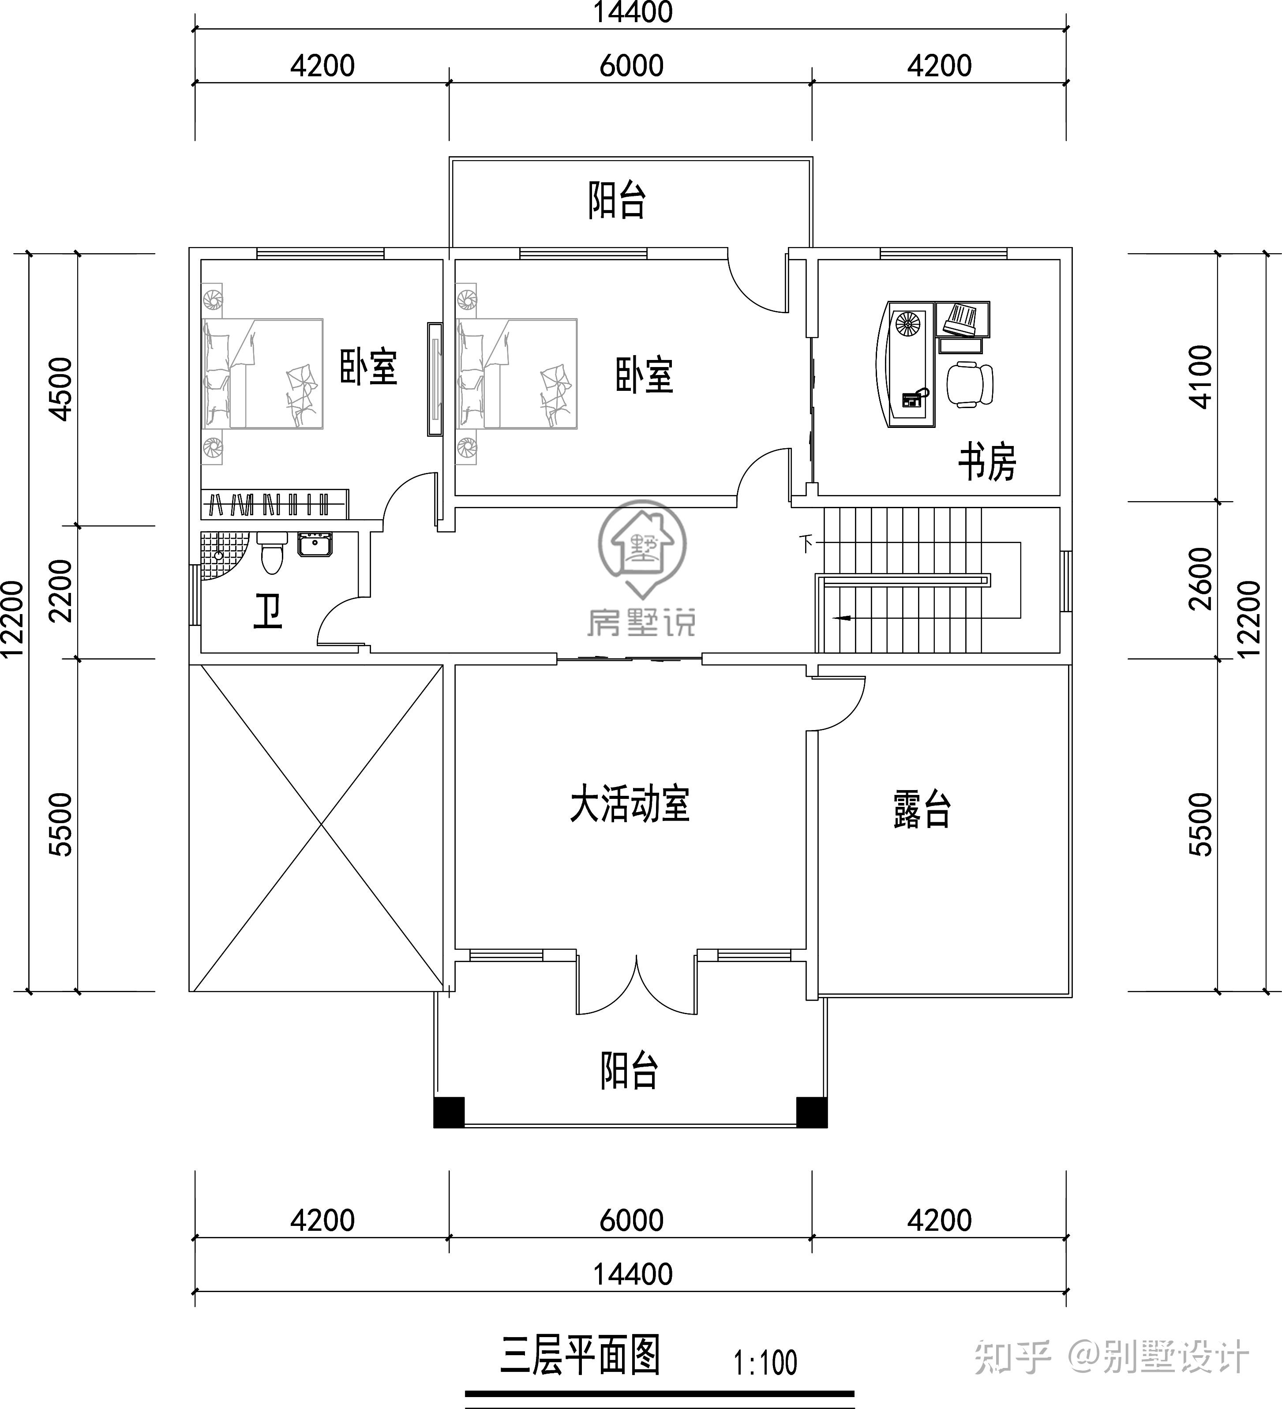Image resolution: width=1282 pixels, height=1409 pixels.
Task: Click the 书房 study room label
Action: click(986, 462)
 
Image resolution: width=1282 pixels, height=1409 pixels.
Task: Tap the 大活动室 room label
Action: click(629, 805)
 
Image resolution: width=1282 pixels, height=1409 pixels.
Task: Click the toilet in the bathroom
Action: click(271, 553)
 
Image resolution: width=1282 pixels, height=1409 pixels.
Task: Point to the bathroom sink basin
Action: click(315, 544)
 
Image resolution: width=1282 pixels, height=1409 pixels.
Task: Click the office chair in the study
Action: click(970, 384)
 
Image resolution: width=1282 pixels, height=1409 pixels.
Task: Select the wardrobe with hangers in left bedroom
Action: click(274, 504)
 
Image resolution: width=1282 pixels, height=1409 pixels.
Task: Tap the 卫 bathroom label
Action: click(268, 611)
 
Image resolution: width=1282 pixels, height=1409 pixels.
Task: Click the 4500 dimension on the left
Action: click(61, 389)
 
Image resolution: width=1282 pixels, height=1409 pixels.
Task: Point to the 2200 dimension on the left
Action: click(61, 591)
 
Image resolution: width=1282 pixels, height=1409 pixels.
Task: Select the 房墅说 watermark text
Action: click(641, 622)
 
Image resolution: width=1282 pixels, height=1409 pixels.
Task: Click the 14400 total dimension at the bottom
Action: click(633, 1274)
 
